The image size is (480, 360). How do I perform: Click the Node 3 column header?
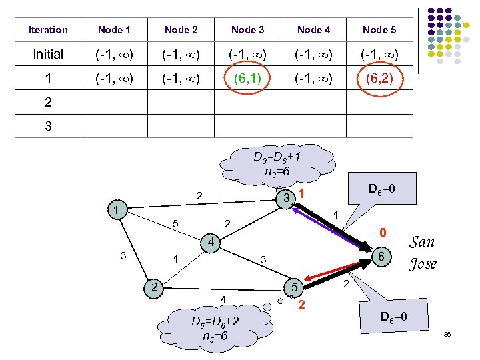pos(247,30)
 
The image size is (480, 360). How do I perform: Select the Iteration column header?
pos(48,30)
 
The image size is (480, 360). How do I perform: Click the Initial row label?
pos(48,55)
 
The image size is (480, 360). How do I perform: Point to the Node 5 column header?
pos(379,30)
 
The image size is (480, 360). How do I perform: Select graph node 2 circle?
pos(154,287)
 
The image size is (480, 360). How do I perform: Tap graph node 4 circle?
pos(209,242)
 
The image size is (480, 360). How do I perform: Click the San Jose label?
pos(423,253)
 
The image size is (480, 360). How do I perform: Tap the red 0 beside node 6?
pos(383,233)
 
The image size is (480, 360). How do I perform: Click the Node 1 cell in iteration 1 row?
pos(114,79)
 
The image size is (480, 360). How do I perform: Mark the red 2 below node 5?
pos(302,306)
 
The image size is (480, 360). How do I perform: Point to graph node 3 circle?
pos(285,199)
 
